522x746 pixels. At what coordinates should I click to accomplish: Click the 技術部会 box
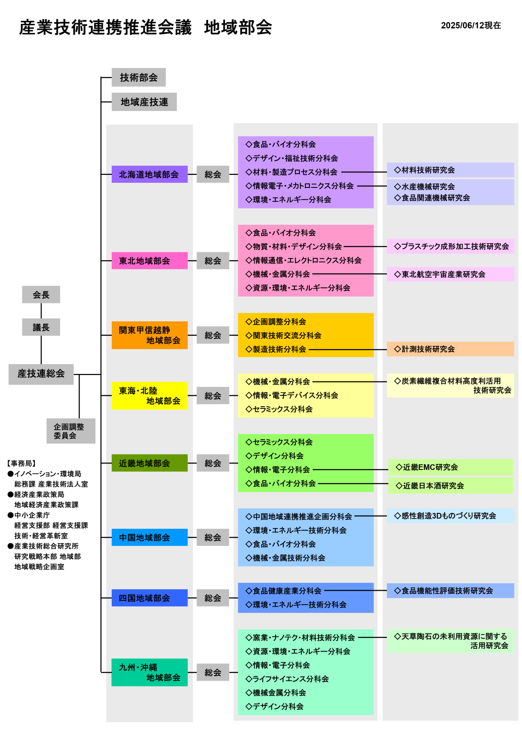pos(138,77)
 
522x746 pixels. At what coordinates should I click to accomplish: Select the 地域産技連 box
pos(144,102)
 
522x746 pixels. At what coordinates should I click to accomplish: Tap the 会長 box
pos(41,294)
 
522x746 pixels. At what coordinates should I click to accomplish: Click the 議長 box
pos(41,327)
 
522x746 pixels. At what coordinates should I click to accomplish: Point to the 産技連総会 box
pos(41,374)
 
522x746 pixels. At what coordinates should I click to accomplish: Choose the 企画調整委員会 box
pos(71,431)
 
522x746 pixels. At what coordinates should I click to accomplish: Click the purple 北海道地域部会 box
pos(149,174)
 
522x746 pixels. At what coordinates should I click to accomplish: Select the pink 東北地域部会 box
pos(149,261)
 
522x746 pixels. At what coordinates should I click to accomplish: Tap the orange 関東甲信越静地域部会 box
pos(149,335)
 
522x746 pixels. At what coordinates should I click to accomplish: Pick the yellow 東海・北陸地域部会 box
pos(149,396)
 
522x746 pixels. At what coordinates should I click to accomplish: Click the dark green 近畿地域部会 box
pos(149,463)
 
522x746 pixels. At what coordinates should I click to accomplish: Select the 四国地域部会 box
pos(149,598)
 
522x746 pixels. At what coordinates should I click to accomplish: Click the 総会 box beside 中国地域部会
pos(213,537)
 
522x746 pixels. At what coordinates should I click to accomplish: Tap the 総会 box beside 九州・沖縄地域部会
pos(213,672)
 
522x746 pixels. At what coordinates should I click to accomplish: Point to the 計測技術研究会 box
pos(450,349)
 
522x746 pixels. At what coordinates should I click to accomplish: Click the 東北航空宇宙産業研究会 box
pos(450,274)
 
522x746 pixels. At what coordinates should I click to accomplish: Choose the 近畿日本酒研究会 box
pos(450,485)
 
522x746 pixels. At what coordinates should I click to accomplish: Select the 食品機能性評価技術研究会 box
pos(450,590)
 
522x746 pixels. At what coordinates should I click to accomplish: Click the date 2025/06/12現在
pos(471,26)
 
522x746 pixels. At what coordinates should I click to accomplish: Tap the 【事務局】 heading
pos(21,463)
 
